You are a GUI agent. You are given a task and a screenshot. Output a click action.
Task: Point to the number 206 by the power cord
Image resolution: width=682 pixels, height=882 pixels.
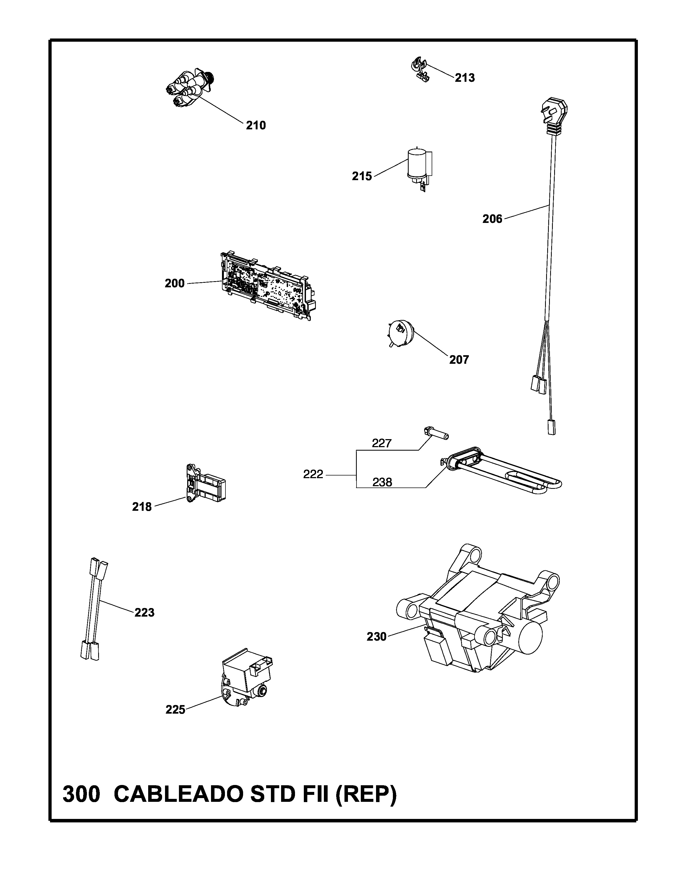pos(492,219)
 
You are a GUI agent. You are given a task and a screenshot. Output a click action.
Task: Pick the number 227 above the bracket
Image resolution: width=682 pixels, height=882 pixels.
pos(382,443)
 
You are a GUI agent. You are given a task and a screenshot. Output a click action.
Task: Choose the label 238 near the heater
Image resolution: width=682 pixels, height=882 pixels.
pos(382,482)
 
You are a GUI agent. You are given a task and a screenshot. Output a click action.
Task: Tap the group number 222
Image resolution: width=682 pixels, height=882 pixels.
pos(313,474)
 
